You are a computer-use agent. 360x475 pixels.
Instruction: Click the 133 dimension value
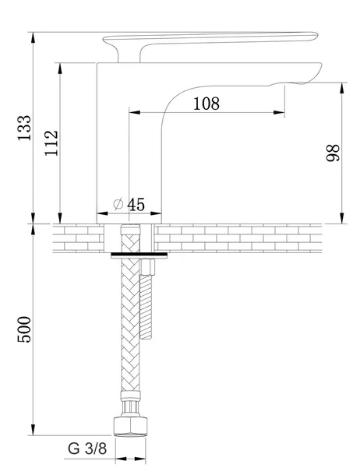click(24, 128)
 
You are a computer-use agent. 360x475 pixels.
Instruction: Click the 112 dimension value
click(51, 143)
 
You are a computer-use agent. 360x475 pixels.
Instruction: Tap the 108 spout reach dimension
click(206, 104)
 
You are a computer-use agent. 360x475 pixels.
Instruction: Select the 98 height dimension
click(333, 153)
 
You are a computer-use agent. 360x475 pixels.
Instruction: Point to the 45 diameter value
click(136, 205)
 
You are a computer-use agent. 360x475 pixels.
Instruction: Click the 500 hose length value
click(24, 329)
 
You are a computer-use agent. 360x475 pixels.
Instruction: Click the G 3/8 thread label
click(87, 449)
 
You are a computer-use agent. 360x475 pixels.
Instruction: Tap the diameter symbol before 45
click(118, 204)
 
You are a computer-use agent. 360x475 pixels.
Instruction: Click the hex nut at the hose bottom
click(131, 426)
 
